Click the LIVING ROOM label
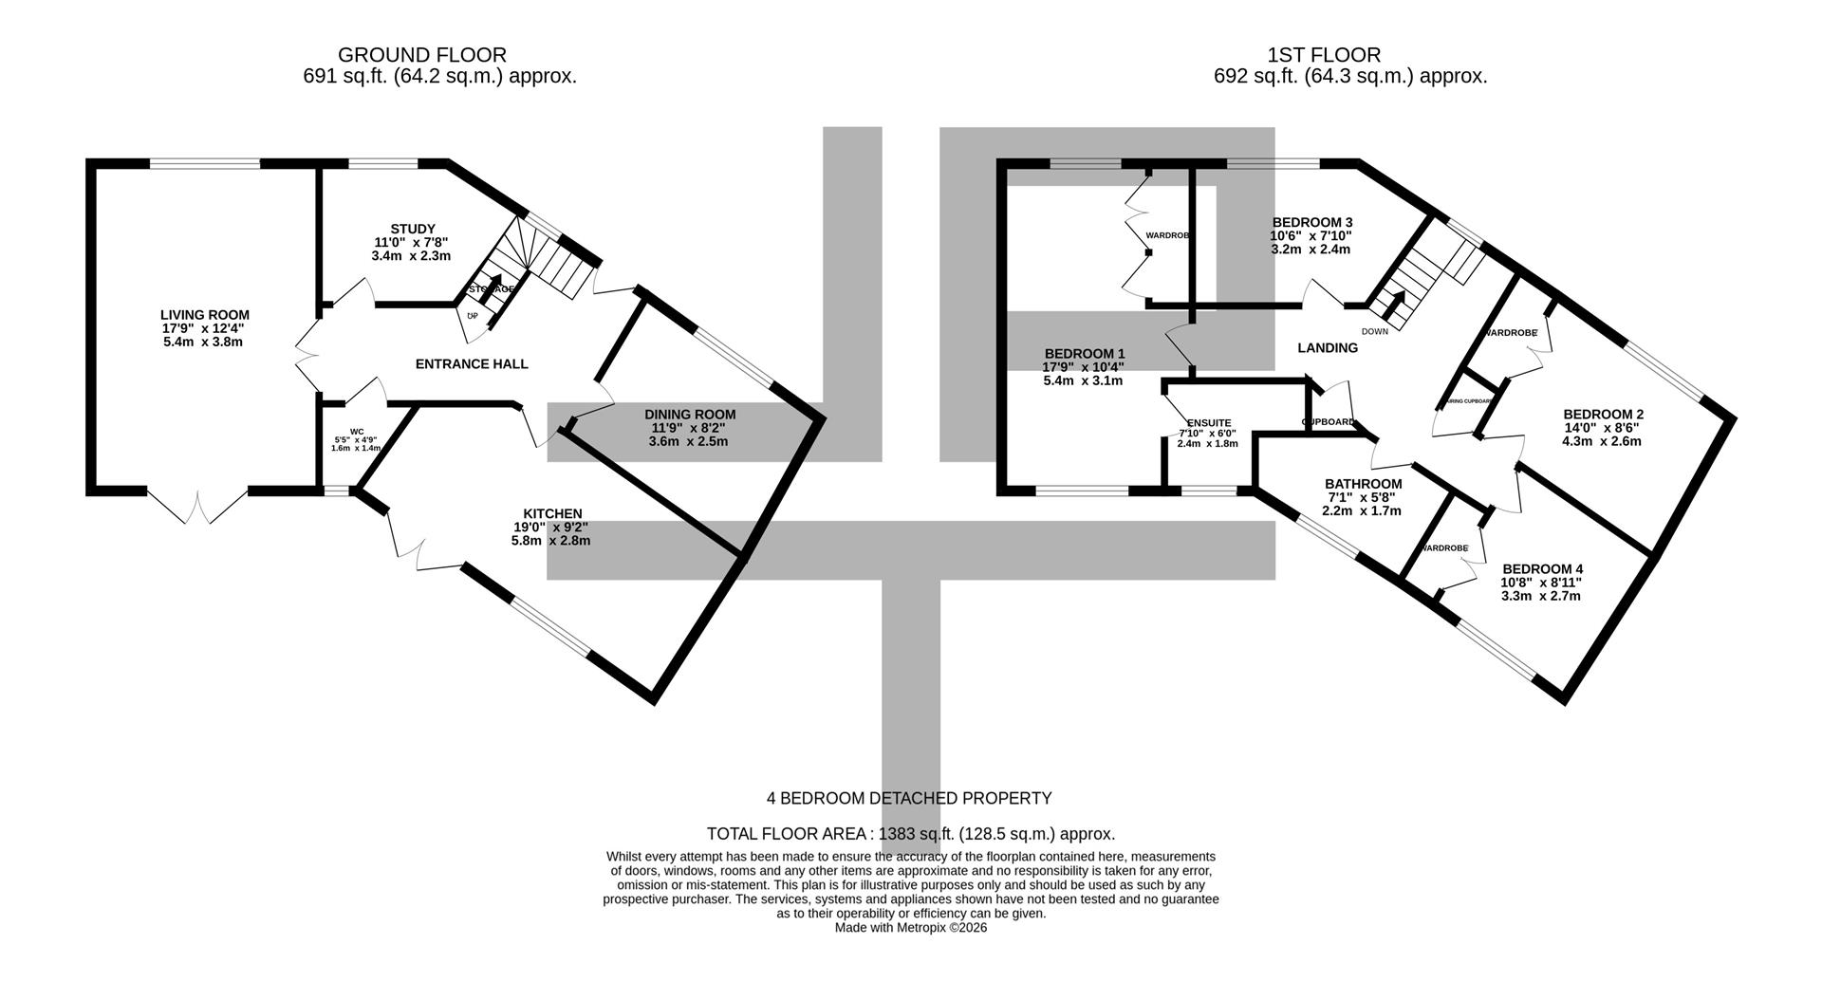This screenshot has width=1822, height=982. [x=204, y=315]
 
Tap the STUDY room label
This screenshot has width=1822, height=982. [x=412, y=229]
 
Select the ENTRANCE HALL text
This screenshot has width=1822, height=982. [x=472, y=364]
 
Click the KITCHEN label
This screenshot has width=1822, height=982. [x=552, y=514]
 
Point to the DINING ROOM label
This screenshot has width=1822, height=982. [x=690, y=415]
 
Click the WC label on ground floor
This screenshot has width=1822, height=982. [x=357, y=432]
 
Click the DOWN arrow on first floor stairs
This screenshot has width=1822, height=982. [x=1394, y=306]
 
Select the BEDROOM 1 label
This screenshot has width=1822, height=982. [x=1083, y=354]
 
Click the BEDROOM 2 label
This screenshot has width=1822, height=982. [x=1603, y=415]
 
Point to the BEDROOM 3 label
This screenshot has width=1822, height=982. [x=1311, y=222]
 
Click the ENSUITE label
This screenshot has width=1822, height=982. [x=1208, y=423]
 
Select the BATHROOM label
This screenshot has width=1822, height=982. [x=1363, y=484]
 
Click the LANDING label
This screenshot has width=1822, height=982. [x=1328, y=348]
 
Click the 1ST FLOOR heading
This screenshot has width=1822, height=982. [x=1323, y=55]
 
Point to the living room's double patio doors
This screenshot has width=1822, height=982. [x=197, y=508]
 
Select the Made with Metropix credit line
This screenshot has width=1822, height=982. [x=910, y=928]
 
